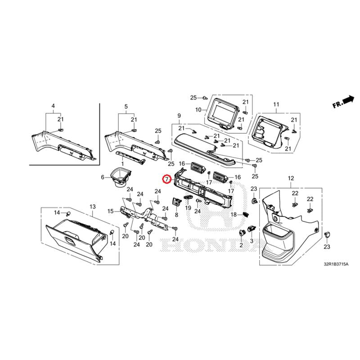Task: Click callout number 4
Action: [x=53, y=106]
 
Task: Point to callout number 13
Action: [x=93, y=207]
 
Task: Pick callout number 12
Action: [x=291, y=178]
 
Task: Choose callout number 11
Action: [x=276, y=104]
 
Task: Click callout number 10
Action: [x=198, y=110]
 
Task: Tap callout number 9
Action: [x=179, y=116]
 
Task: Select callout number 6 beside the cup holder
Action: [x=103, y=177]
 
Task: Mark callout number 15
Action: [x=111, y=211]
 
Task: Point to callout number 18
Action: [x=234, y=215]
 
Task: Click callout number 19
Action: [x=188, y=208]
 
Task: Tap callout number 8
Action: [x=176, y=215]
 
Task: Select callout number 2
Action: [x=241, y=245]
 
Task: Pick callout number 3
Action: [x=252, y=241]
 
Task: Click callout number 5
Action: [x=126, y=107]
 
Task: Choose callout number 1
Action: [x=122, y=164]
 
